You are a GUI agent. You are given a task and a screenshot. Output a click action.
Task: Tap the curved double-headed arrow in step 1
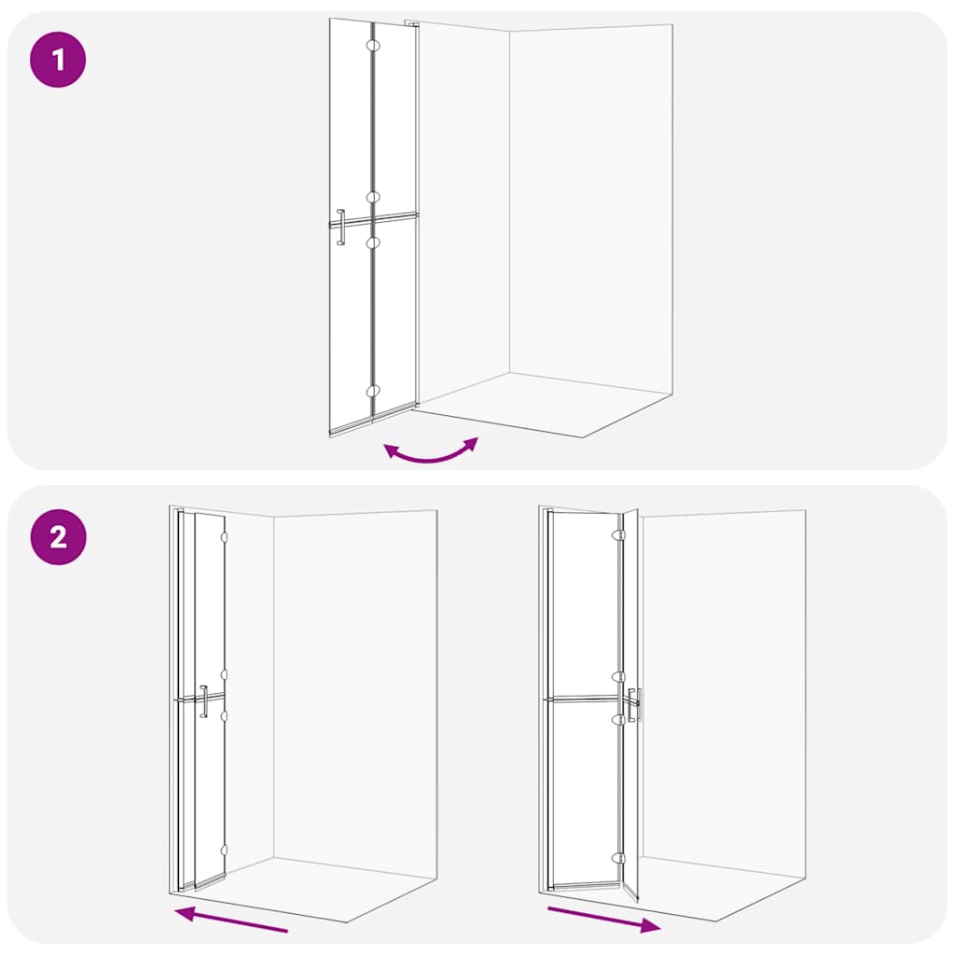(x=431, y=453)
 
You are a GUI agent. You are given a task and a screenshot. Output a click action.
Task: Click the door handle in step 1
(x=341, y=228)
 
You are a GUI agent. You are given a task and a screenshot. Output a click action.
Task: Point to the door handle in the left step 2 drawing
(x=203, y=700)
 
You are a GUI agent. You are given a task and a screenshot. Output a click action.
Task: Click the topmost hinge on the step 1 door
(x=372, y=45)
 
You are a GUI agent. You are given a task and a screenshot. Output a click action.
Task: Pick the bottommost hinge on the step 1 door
(x=373, y=392)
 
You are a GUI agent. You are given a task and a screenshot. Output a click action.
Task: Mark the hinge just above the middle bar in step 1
(x=372, y=198)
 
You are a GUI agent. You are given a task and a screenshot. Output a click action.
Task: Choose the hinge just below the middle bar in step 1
(x=373, y=242)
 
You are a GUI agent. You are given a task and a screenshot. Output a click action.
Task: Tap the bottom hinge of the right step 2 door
(x=616, y=858)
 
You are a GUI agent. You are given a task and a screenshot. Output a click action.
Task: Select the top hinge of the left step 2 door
(x=224, y=537)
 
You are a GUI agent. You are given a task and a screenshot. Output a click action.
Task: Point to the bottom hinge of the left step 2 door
(x=224, y=850)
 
